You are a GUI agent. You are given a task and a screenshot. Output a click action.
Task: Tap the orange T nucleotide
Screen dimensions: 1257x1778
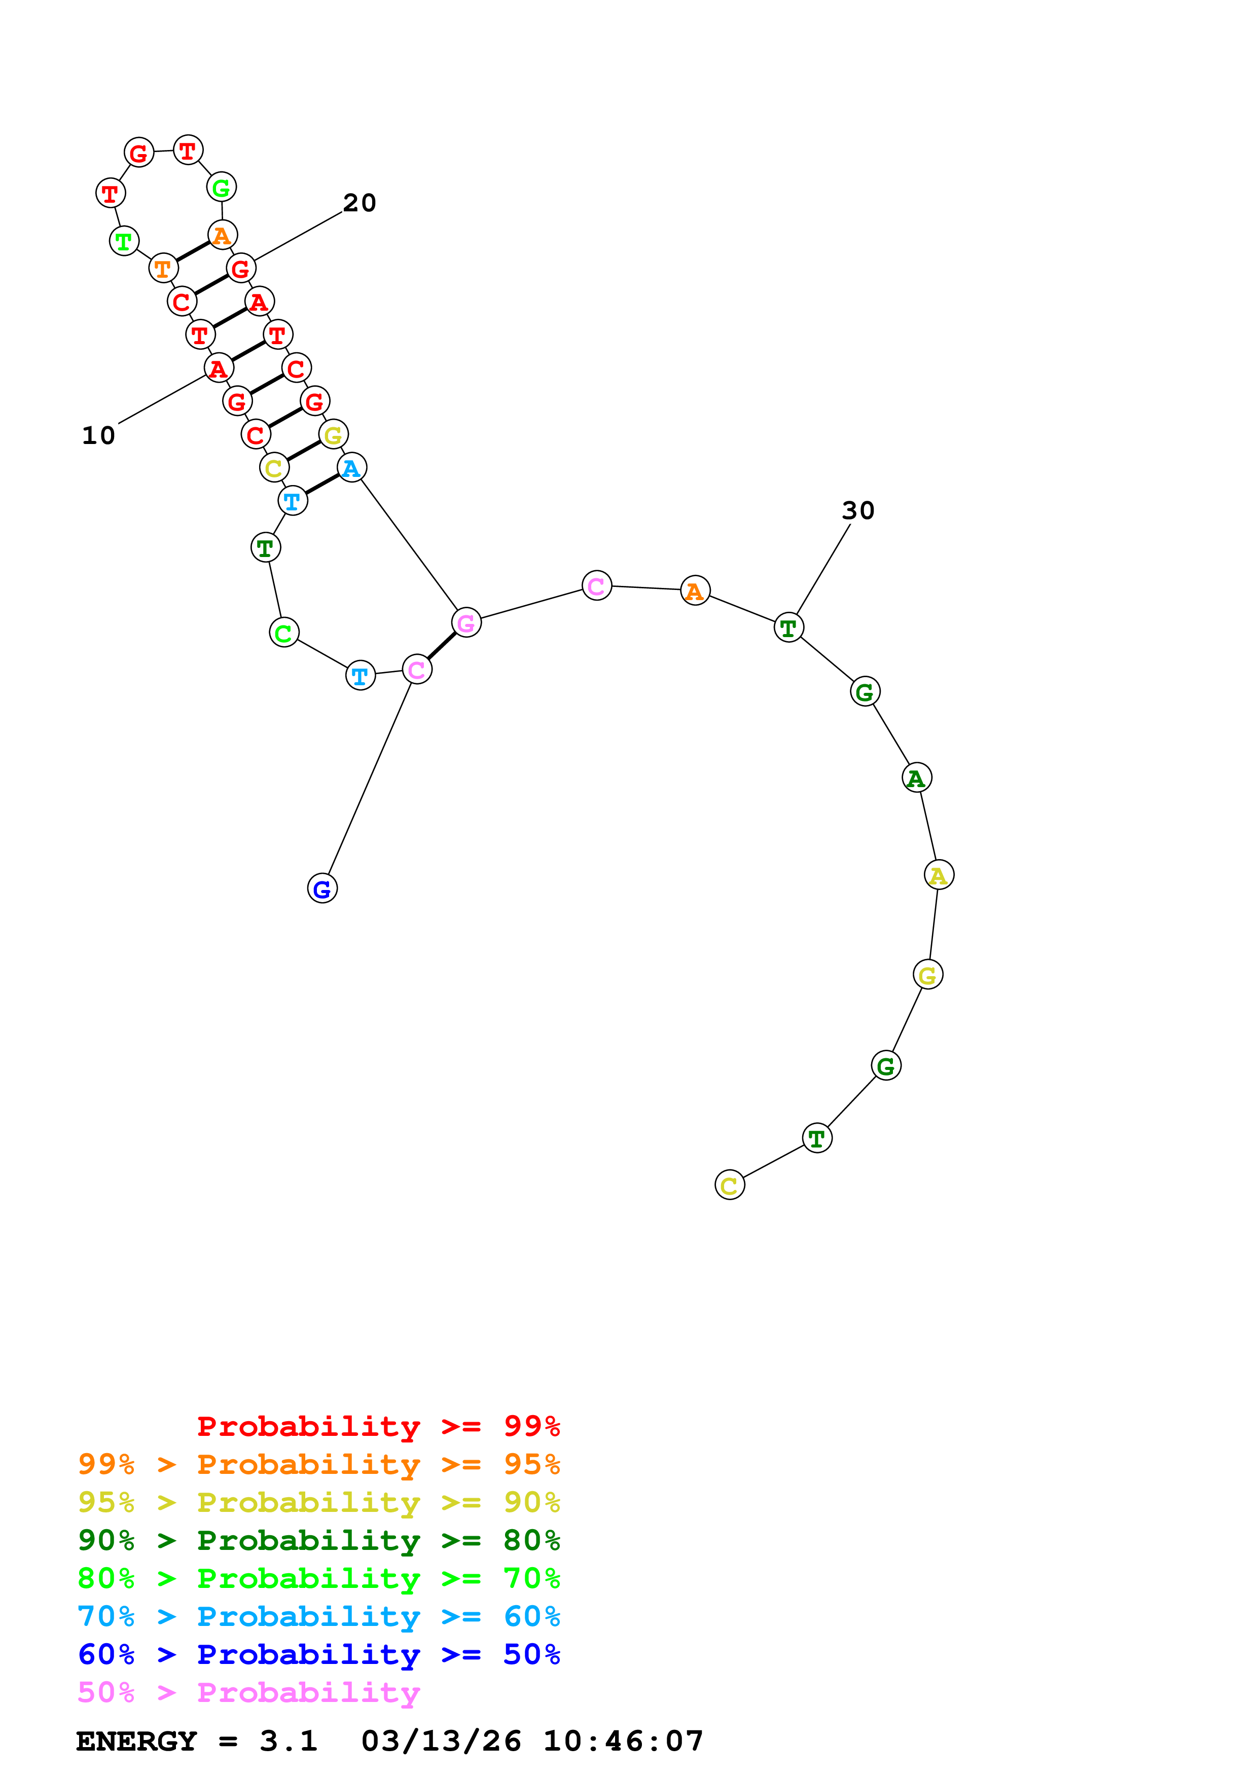163,269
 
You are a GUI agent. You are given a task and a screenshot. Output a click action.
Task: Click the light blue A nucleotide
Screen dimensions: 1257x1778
351,468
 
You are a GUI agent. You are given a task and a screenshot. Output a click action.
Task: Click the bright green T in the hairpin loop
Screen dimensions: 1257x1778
124,242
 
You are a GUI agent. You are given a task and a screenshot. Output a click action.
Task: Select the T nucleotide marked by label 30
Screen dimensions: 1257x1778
788,627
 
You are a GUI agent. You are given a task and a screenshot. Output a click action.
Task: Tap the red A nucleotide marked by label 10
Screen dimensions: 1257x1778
219,368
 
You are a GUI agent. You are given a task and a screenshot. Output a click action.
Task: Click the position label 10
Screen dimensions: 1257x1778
98,436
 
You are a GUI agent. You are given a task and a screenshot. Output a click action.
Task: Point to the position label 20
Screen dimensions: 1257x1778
360,203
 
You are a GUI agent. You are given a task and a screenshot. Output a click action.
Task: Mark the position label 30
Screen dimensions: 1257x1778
858,510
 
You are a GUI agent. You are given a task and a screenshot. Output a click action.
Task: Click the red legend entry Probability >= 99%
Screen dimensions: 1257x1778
378,1426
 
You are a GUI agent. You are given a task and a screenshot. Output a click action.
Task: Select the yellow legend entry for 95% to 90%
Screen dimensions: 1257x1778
319,1502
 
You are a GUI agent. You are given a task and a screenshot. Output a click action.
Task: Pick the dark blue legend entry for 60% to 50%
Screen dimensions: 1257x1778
319,1654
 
